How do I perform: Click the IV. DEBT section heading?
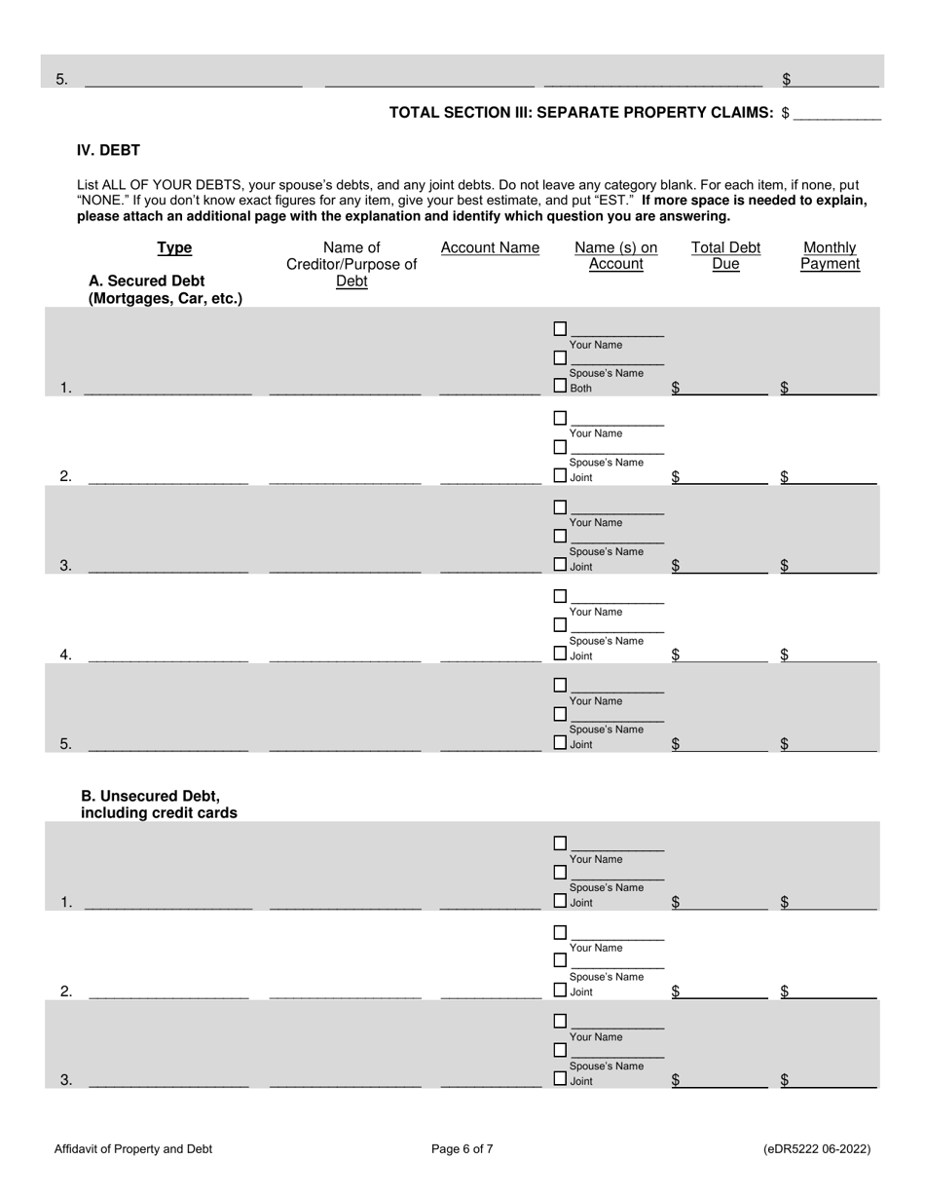tap(108, 150)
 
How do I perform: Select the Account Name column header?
tap(490, 248)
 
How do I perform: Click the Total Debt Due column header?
tap(725, 256)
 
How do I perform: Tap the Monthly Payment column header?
tap(830, 256)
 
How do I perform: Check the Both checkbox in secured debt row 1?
tap(560, 387)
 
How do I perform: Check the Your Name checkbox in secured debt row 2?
tap(560, 418)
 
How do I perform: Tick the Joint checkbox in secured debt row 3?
tap(560, 565)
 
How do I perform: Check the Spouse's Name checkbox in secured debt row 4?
tap(560, 625)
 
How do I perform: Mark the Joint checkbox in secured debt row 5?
tap(560, 743)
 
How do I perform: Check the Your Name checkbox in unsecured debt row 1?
tap(560, 842)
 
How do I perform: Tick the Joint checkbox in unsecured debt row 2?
tap(560, 991)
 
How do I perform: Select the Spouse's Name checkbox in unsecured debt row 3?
tap(560, 1051)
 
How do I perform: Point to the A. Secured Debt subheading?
tap(165, 290)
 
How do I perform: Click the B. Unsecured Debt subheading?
tap(159, 805)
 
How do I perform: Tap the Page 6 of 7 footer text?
tap(462, 1149)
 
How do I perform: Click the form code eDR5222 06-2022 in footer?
tap(817, 1149)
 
